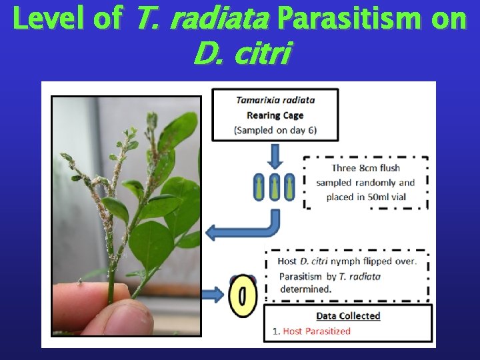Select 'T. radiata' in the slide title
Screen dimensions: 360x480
pyautogui.click(x=201, y=19)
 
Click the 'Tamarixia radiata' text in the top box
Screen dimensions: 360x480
pyautogui.click(x=275, y=100)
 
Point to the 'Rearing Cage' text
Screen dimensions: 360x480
pyautogui.click(x=275, y=115)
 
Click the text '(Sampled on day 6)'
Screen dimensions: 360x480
pyautogui.click(x=275, y=129)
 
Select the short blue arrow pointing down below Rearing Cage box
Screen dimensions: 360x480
pyautogui.click(x=275, y=157)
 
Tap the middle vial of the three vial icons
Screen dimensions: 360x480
pyautogui.click(x=275, y=187)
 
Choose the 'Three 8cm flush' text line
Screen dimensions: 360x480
pyautogui.click(x=365, y=168)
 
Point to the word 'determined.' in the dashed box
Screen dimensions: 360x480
pyautogui.click(x=305, y=289)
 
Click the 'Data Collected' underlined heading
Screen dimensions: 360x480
pyautogui.click(x=347, y=316)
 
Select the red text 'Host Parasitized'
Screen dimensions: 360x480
pyautogui.click(x=317, y=331)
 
